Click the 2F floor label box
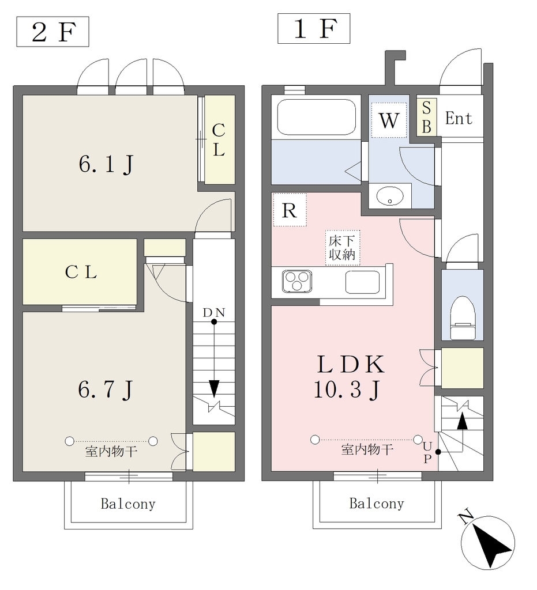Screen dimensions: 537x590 (x=52, y=32)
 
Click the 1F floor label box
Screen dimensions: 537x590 (x=314, y=29)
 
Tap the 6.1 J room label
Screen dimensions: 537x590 (x=106, y=164)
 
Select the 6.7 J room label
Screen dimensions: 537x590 (x=106, y=389)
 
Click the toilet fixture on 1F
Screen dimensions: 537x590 (x=463, y=318)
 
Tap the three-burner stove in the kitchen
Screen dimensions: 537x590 (x=297, y=281)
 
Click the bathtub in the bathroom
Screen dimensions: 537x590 (x=316, y=116)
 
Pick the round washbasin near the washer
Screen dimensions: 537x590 (x=390, y=196)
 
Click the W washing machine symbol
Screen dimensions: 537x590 (x=389, y=120)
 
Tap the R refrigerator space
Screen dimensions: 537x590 (x=290, y=210)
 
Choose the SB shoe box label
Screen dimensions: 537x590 (x=426, y=118)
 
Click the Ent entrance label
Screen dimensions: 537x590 (x=459, y=118)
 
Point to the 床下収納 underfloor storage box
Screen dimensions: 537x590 (x=342, y=248)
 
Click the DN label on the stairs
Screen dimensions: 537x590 (x=214, y=312)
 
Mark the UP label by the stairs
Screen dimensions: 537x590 (x=427, y=452)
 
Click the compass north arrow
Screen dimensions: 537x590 (x=488, y=542)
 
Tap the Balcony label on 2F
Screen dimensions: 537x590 (x=128, y=504)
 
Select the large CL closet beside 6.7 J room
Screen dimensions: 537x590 (x=80, y=272)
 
